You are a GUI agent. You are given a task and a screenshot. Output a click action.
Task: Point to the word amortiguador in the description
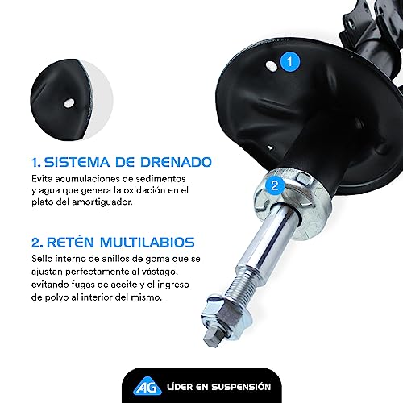109,203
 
